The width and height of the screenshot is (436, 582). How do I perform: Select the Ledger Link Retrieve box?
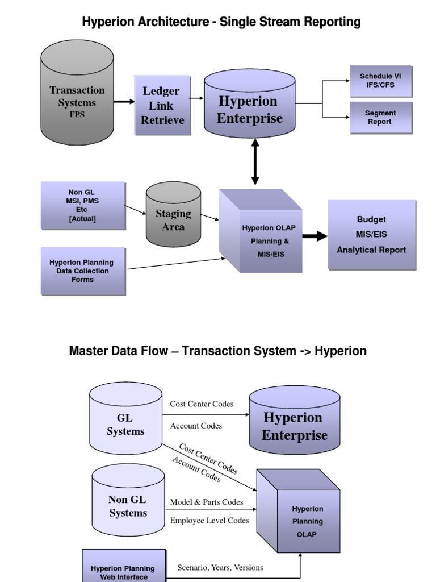162,106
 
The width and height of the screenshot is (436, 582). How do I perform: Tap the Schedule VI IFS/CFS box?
380,81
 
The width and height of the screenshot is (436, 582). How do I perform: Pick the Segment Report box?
380,118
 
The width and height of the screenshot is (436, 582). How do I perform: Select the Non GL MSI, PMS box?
83,205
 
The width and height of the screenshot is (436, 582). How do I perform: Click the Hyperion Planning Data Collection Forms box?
83,271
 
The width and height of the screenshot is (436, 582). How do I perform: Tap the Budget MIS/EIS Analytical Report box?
372,234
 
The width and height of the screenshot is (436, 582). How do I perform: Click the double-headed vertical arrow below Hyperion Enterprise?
255,162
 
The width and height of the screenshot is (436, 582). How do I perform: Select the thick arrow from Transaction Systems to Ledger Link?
124,102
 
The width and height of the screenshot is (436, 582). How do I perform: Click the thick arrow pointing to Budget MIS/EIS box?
315,236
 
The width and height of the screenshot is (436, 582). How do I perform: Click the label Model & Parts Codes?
207,502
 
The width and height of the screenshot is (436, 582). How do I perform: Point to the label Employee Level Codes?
209,521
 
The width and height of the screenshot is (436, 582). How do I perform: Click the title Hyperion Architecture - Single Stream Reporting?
221,22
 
